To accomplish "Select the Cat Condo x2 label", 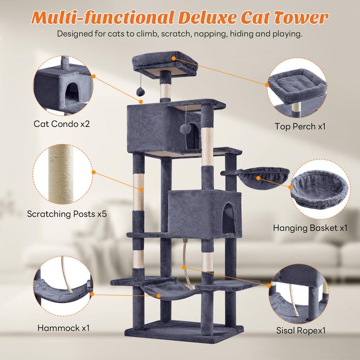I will pyautogui.click(x=62, y=123).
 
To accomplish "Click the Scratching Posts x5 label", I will pyautogui.click(x=66, y=214).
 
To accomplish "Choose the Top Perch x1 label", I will pyautogui.click(x=300, y=126).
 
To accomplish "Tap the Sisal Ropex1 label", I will pyautogui.click(x=301, y=331).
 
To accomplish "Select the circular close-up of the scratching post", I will pyautogui.click(x=63, y=173).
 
